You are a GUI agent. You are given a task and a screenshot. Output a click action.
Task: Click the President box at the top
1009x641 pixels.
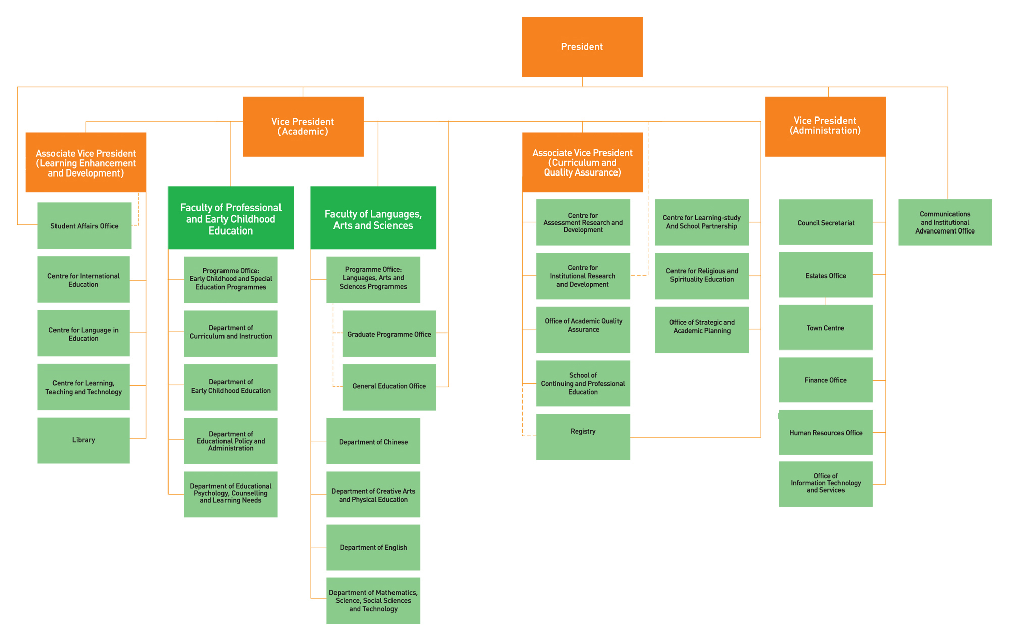tap(582, 46)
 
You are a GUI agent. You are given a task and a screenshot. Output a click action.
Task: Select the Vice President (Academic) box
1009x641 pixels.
tap(303, 127)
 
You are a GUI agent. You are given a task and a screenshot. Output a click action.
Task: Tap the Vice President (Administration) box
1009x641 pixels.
tap(825, 127)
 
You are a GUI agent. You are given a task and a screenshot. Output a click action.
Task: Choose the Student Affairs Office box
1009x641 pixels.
tap(84, 225)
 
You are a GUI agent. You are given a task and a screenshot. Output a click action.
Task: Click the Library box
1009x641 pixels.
tap(83, 440)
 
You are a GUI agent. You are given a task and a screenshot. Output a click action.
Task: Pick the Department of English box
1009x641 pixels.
tap(373, 547)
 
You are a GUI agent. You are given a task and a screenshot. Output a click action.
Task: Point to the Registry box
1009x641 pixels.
tap(583, 437)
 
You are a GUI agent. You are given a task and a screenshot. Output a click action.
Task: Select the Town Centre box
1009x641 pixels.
tap(826, 327)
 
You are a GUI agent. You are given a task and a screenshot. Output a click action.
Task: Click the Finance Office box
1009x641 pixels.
tap(826, 380)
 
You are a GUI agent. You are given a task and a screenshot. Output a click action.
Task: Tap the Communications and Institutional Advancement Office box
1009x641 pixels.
tap(945, 222)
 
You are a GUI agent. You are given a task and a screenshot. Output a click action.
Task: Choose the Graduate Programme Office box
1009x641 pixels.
tap(389, 333)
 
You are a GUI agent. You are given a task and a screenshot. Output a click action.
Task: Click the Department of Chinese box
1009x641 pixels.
tap(373, 441)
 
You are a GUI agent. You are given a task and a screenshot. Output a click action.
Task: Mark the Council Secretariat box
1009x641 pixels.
tap(826, 222)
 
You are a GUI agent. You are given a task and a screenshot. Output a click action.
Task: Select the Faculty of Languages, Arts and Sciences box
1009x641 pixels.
tap(373, 218)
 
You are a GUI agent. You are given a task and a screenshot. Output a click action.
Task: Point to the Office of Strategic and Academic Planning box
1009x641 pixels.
tap(702, 329)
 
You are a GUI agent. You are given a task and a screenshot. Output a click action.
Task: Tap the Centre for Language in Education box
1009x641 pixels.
tap(83, 333)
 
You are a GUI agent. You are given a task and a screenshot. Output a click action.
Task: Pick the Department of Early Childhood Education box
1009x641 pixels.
tap(231, 387)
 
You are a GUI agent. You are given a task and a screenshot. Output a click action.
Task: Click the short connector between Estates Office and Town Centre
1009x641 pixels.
tap(826, 301)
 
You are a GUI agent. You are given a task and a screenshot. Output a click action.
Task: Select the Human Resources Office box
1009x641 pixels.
tap(826, 432)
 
